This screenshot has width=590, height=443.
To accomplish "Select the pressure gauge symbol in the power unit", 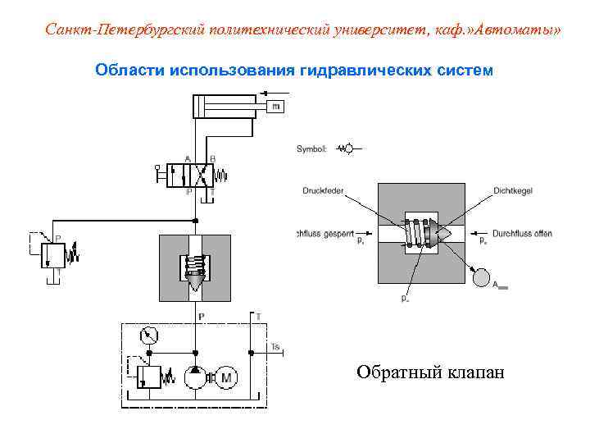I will (150, 335).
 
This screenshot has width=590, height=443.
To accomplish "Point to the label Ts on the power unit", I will (275, 348).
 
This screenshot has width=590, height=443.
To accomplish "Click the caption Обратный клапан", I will (430, 373).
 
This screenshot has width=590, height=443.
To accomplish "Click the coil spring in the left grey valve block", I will (195, 265).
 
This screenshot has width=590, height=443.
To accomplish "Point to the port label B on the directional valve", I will (212, 158).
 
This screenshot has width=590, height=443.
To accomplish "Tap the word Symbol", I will (311, 149).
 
